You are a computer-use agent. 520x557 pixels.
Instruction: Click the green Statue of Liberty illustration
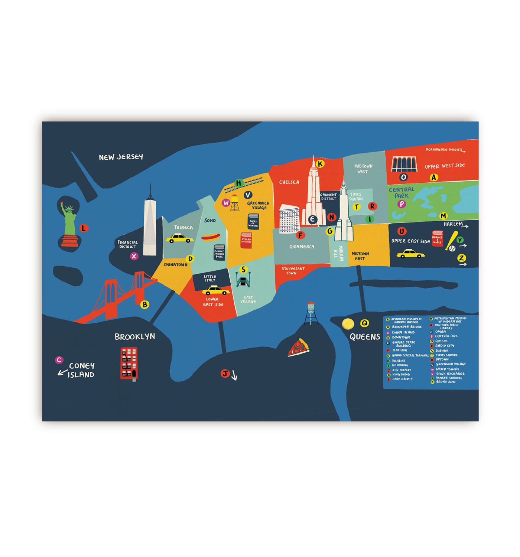(69, 223)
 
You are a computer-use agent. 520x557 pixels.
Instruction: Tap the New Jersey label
(121, 157)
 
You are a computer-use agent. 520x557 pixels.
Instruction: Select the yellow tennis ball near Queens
(348, 324)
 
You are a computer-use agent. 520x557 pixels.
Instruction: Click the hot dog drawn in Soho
(211, 237)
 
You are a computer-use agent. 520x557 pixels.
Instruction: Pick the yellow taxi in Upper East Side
(410, 254)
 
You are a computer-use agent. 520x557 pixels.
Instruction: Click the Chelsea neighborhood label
(289, 182)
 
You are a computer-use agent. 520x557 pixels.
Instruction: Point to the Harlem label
(453, 224)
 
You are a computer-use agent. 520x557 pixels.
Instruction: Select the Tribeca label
(183, 228)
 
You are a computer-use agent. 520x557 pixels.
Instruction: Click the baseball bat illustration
(452, 241)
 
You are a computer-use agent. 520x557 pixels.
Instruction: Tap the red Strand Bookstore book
(246, 240)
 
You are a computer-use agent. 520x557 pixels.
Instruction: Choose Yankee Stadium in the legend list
(449, 378)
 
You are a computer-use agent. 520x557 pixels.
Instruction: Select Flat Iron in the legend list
(400, 350)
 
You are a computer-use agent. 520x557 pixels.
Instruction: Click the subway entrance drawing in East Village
(243, 280)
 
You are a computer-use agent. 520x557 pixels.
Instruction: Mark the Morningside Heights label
(444, 150)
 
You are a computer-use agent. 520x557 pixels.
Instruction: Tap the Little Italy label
(210, 278)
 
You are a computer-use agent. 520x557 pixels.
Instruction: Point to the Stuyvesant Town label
(293, 271)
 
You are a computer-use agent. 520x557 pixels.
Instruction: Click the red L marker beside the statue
(84, 228)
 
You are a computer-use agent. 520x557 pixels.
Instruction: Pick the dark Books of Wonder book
(253, 222)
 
